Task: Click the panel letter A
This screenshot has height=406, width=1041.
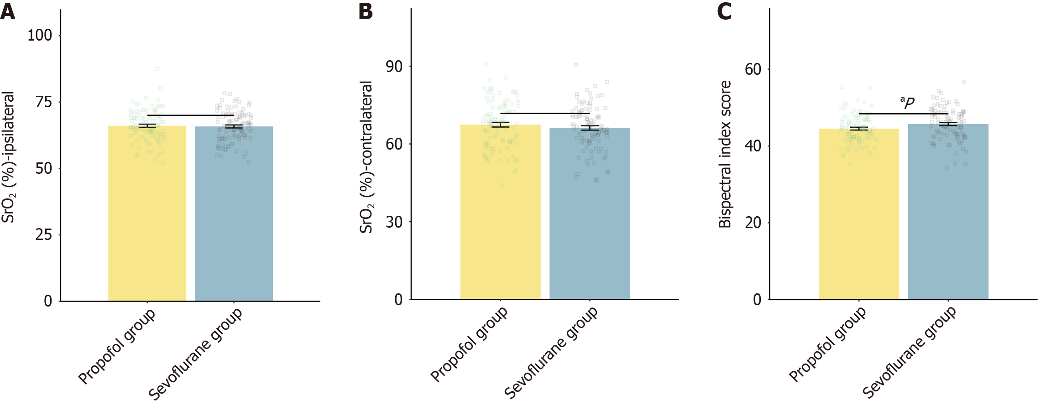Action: click(x=8, y=11)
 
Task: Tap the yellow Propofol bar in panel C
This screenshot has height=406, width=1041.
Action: click(x=858, y=214)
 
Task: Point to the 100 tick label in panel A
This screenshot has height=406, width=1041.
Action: click(x=40, y=35)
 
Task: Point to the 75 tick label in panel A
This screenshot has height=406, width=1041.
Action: click(x=44, y=102)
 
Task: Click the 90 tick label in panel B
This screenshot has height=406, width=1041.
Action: click(x=394, y=67)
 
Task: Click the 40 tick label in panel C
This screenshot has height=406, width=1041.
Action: click(x=753, y=146)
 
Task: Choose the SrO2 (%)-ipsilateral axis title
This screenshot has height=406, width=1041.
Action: click(x=8, y=157)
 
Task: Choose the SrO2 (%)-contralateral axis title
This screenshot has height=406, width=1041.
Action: click(x=366, y=157)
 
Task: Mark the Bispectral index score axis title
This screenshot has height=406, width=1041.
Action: click(x=725, y=154)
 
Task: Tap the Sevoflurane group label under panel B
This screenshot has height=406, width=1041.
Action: click(x=551, y=352)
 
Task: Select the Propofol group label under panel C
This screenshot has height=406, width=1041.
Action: click(x=827, y=344)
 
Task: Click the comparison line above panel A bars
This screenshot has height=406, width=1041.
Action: click(x=190, y=115)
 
